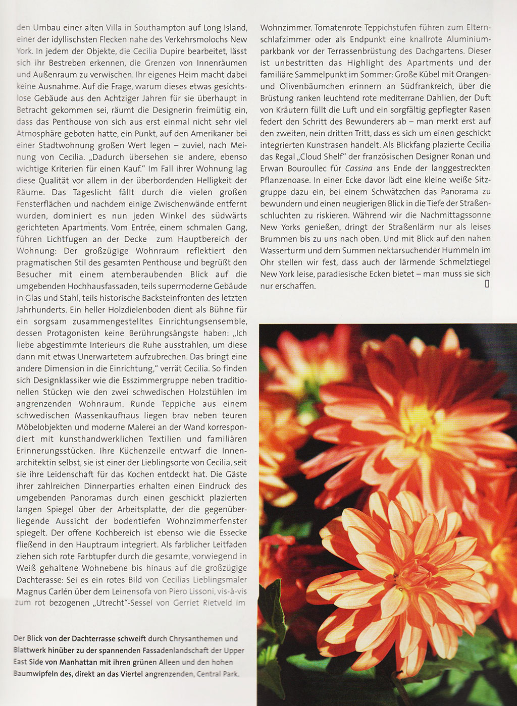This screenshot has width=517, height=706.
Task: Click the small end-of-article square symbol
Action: (x=487, y=284)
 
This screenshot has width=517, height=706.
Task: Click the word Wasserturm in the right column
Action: (x=284, y=250)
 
